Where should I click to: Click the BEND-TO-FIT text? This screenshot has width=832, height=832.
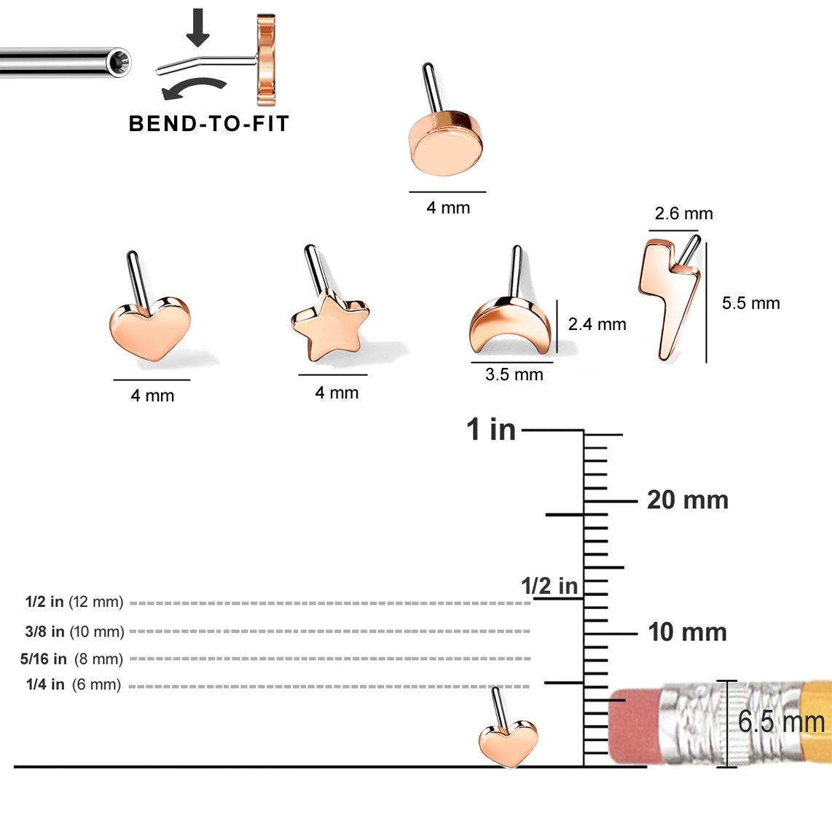point(209,124)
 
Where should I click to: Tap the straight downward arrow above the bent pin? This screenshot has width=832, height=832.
point(197,28)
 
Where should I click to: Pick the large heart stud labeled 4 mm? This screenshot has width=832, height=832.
point(150,329)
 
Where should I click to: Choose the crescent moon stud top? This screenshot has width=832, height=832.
point(511,326)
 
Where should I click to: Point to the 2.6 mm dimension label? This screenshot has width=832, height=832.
point(683,213)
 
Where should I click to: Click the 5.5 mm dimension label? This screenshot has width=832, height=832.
point(750,303)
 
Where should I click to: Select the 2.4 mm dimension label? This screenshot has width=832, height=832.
point(597,324)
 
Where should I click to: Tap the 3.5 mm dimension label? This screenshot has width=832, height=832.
point(514,374)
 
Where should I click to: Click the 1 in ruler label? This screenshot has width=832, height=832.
point(491,430)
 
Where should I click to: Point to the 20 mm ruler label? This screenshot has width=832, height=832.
point(687,501)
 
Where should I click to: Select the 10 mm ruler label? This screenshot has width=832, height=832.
point(687,632)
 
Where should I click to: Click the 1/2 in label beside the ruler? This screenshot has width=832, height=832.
point(549,586)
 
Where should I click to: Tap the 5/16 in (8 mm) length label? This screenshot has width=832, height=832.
point(71,659)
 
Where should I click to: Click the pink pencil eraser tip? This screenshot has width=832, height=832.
point(633,726)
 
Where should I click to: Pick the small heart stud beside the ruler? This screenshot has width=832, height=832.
point(509,743)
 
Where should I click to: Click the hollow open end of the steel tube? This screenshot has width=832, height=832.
point(119,63)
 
